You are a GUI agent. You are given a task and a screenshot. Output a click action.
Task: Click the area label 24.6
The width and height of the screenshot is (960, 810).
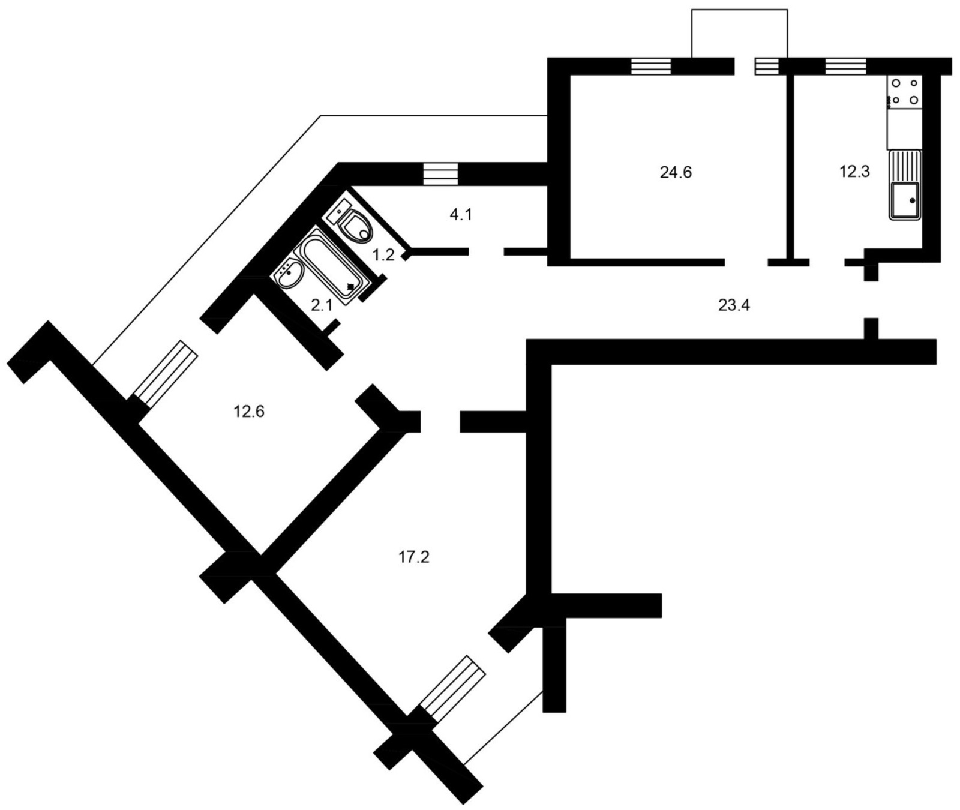676,173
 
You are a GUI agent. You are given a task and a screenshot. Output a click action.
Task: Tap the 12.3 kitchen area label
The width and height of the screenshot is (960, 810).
854,172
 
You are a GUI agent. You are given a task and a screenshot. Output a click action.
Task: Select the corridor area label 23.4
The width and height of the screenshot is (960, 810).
734,305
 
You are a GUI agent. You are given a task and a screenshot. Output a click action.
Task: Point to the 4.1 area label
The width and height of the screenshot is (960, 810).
461,214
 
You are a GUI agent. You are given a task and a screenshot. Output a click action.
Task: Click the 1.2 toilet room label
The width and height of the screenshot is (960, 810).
383,255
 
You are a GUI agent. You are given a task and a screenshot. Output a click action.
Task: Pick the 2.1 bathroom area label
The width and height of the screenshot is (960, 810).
322,305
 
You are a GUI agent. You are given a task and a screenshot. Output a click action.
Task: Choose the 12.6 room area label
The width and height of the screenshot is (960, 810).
249,412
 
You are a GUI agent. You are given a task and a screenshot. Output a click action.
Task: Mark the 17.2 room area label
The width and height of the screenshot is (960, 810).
414,557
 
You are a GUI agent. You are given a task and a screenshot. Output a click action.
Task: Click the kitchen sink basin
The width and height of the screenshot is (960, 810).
905,200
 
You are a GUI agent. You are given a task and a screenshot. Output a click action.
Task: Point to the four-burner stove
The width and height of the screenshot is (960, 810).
904,92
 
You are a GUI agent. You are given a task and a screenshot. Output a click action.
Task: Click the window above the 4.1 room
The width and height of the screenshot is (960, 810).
440,174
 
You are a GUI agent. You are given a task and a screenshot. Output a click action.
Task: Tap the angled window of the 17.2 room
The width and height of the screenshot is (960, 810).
452,689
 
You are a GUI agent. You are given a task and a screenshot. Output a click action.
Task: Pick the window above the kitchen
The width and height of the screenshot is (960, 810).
845,66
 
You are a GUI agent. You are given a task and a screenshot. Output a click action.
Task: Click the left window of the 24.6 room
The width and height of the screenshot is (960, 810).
650,66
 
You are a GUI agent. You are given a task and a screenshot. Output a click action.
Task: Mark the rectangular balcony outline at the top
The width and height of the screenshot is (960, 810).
739,34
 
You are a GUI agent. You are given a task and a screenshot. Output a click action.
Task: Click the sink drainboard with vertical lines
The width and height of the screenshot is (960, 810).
905,166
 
